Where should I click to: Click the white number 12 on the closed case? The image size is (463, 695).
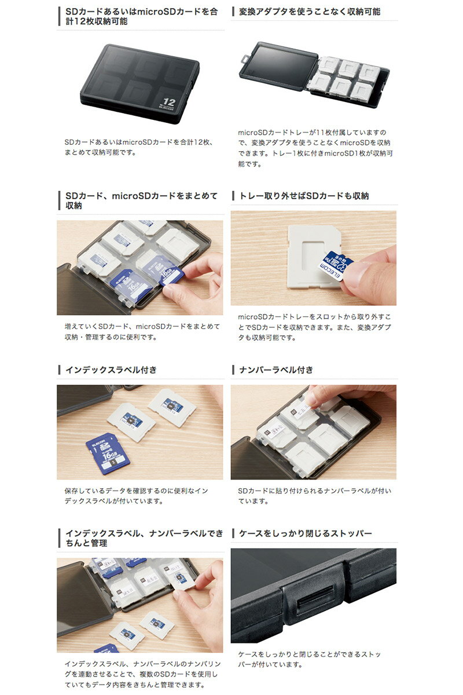click(169, 102)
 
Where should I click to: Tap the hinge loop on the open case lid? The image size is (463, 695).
click(245, 58)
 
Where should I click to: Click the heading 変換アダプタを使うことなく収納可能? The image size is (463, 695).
click(310, 12)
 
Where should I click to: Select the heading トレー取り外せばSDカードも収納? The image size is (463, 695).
click(304, 196)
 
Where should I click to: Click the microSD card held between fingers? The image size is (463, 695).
click(336, 266)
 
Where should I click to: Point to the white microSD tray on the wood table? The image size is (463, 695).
click(313, 256)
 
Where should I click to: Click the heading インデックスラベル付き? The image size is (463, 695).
click(111, 370)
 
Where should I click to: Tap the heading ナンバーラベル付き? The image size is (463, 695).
click(276, 370)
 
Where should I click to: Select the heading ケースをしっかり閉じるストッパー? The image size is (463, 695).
click(305, 533)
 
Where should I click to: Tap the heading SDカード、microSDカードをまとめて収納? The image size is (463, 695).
click(141, 201)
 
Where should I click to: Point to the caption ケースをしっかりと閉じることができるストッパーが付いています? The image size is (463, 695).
click(309, 659)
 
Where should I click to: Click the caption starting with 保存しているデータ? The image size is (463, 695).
click(136, 496)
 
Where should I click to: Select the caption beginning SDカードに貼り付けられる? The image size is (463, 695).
click(314, 496)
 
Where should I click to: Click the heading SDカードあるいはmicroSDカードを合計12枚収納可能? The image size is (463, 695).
click(141, 16)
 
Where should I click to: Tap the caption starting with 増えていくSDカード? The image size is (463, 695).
click(142, 332)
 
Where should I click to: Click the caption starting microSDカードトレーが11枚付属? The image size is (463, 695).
click(315, 148)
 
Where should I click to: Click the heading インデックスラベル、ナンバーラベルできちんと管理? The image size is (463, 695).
click(144, 538)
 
